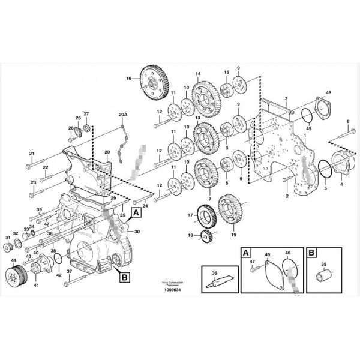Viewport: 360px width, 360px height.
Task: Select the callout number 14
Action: [197, 74]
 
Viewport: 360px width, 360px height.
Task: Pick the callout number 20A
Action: [123, 114]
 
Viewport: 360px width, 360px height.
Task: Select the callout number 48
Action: [328, 92]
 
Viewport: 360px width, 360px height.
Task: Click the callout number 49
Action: [308, 128]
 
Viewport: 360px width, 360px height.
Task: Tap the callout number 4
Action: [341, 185]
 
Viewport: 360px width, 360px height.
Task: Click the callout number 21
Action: [32, 153]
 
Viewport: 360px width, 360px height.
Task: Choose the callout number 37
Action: [69, 271]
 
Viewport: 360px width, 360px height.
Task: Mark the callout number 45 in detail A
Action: [268, 254]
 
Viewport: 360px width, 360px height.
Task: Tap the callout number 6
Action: [347, 122]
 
